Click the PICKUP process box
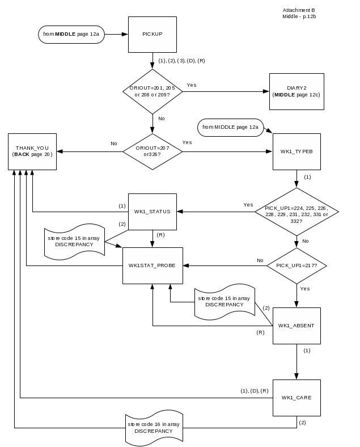click(x=152, y=34)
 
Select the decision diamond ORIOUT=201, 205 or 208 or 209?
click(x=152, y=91)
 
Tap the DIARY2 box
click(x=297, y=91)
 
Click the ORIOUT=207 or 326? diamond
click(x=152, y=151)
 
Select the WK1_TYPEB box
click(x=297, y=151)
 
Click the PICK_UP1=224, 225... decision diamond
click(x=297, y=212)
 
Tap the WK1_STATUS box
click(x=152, y=212)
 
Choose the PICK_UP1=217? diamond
click(x=297, y=265)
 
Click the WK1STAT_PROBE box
click(x=152, y=265)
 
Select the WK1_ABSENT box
click(x=297, y=326)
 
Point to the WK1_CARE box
click(x=297, y=397)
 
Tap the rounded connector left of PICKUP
click(x=72, y=34)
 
